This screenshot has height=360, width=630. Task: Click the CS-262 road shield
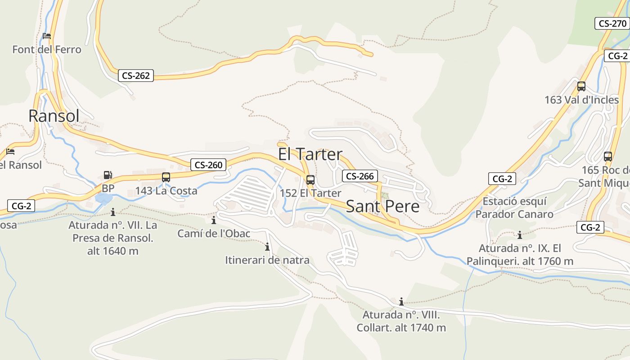point(136,76)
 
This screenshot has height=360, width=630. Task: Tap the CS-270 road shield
point(612,23)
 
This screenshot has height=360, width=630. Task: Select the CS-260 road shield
point(208,165)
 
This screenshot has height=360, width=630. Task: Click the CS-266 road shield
point(360,176)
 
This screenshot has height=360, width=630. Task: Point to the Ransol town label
point(54,116)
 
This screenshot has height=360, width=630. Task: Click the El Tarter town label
point(310,154)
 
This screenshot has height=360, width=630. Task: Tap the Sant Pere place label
point(382,207)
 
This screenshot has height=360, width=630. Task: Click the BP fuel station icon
point(108,175)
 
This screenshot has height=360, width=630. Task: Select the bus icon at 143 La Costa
point(166,177)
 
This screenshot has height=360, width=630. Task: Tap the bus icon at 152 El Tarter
point(310,180)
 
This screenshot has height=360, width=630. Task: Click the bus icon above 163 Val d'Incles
point(581,86)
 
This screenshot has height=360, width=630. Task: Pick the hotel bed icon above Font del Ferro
point(47,36)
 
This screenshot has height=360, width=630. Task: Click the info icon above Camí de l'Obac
point(214,220)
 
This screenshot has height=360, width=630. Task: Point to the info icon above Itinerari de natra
point(267,247)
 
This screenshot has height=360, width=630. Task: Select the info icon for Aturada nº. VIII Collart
point(401,301)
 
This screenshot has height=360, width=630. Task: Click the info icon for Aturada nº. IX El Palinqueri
point(520,235)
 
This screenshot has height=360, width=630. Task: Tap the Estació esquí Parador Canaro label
point(514,207)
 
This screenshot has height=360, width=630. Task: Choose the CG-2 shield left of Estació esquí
point(502,179)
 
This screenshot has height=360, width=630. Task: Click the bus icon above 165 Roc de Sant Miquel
point(608,157)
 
